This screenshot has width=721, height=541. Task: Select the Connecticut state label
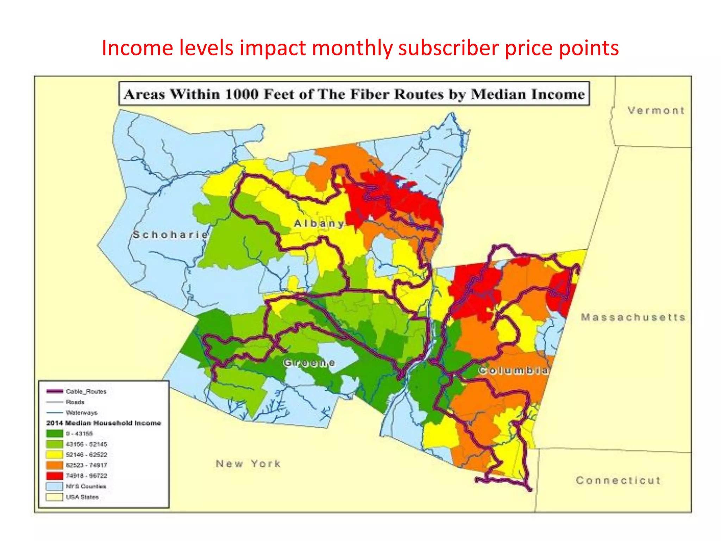pos(618,480)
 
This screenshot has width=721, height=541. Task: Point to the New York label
pos(248,464)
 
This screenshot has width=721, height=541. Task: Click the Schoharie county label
pos(171,235)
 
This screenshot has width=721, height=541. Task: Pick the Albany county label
pos(319,224)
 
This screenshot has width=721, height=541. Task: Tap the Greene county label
pos(309,363)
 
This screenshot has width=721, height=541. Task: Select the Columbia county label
pos(513,371)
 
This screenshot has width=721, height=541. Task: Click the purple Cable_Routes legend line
pos(55,391)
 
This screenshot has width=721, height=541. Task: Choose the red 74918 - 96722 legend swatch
pos(55,476)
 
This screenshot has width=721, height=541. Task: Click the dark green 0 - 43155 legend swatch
pos(55,434)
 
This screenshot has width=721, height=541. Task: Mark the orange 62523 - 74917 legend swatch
pos(55,465)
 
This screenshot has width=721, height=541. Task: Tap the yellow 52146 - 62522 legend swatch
pos(55,455)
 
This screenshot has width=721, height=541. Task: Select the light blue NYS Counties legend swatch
pos(55,486)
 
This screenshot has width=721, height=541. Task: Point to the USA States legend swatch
pos(55,497)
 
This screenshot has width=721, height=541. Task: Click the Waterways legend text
pos(81,412)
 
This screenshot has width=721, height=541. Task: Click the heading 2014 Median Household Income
pos(104,423)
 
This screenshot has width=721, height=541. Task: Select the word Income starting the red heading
pos(137,48)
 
